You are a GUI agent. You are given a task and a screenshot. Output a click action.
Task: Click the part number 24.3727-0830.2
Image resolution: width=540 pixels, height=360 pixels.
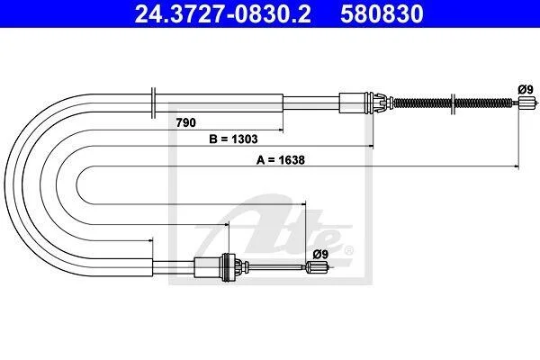point(223,13)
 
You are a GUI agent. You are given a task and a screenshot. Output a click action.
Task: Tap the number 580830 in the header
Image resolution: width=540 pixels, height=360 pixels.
point(382,13)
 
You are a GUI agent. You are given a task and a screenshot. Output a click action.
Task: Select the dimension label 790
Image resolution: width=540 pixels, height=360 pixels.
point(186,122)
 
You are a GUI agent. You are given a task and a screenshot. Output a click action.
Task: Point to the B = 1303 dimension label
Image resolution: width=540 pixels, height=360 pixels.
point(233,139)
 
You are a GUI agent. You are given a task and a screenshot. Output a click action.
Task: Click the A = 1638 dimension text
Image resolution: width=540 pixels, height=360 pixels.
point(281,160)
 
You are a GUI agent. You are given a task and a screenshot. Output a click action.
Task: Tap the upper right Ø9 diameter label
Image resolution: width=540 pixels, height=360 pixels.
point(526,90)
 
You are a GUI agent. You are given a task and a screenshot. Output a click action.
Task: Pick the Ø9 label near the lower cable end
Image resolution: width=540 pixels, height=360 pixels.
point(320,254)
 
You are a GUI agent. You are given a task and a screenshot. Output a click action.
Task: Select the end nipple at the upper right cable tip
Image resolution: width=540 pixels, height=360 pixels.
point(527,103)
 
